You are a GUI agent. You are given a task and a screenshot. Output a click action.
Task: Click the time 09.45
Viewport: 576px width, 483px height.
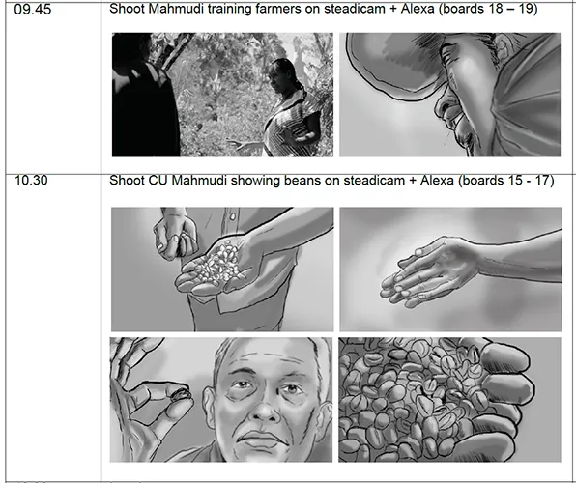(32, 10)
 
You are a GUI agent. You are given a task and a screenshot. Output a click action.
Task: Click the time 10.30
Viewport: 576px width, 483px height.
(31, 181)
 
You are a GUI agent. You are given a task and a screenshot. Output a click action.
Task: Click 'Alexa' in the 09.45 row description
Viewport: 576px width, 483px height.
(418, 8)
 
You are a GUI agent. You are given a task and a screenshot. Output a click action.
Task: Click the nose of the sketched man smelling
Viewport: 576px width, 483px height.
(443, 104)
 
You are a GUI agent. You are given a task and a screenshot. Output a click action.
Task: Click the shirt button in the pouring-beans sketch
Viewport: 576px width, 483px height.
(232, 217)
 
